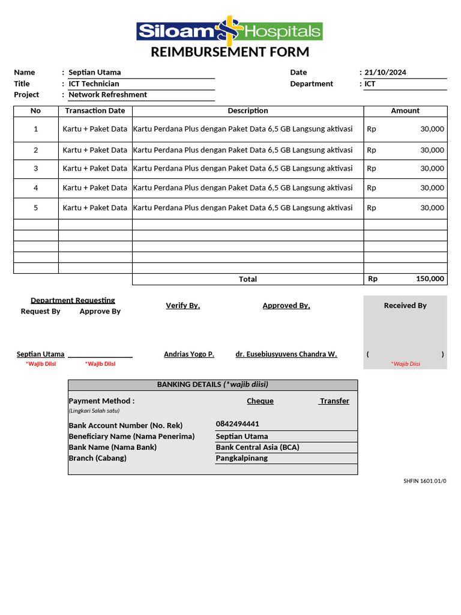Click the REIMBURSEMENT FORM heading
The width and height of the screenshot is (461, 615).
(230, 52)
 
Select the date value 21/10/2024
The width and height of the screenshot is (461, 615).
(385, 73)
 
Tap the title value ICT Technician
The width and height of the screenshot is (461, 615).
(94, 84)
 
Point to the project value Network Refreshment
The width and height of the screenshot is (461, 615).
(107, 95)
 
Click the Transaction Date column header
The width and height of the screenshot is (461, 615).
(95, 111)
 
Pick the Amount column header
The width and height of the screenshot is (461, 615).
(405, 111)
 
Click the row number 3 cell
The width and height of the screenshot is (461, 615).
(36, 169)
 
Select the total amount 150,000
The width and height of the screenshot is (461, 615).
(430, 279)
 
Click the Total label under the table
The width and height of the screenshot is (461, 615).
(248, 279)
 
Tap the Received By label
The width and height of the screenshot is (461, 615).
(405, 306)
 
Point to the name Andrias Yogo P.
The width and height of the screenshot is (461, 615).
(189, 354)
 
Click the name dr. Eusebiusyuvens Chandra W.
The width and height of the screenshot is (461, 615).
(286, 354)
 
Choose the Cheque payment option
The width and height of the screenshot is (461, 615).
(260, 401)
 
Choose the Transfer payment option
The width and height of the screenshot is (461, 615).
(334, 401)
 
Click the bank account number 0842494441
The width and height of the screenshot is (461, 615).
(238, 424)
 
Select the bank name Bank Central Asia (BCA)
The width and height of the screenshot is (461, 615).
(258, 447)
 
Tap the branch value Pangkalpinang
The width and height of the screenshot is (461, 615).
(242, 458)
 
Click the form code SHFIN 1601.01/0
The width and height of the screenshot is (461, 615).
(425, 481)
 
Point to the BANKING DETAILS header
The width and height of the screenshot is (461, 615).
(212, 384)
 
